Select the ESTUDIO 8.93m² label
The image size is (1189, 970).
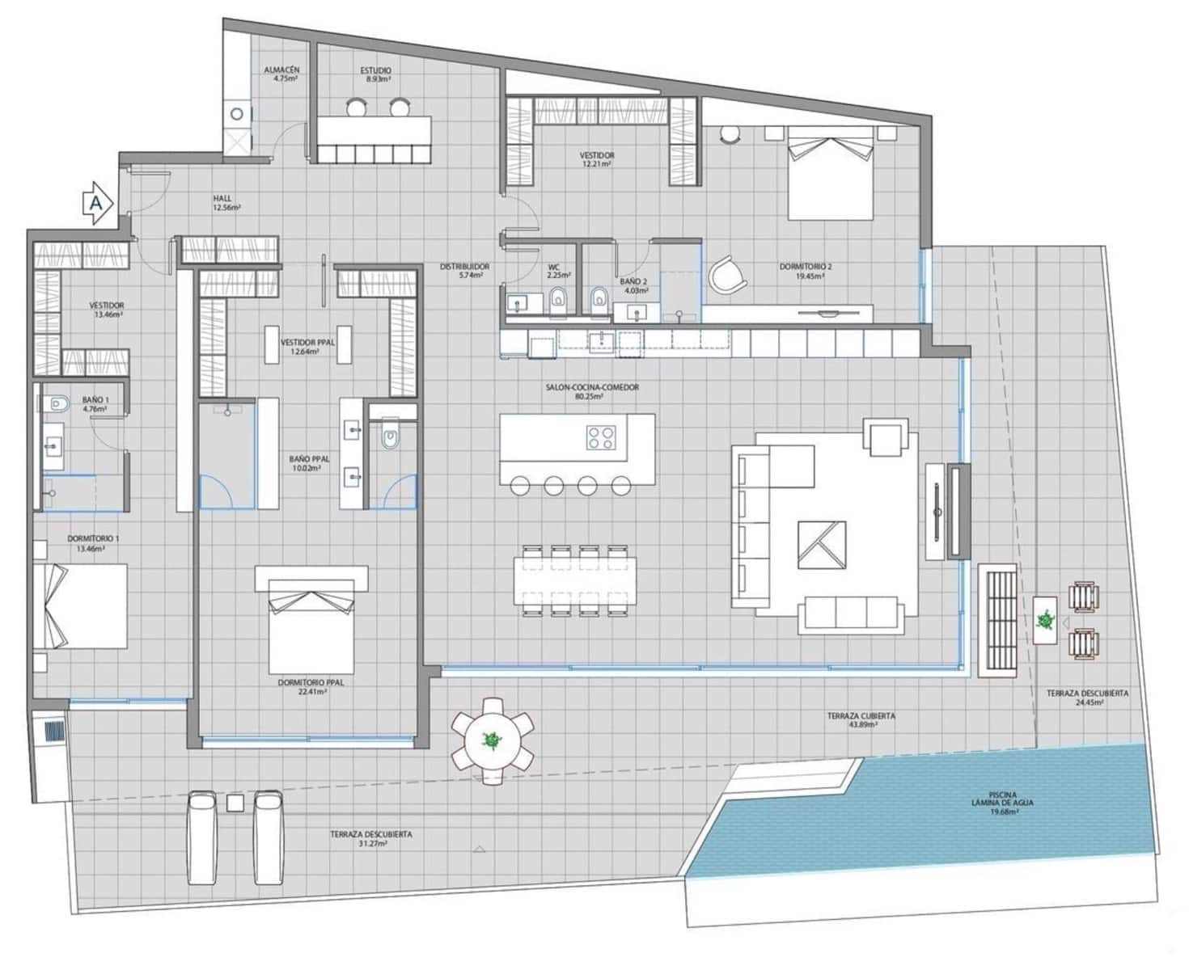[375, 75]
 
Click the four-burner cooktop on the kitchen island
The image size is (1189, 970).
[600, 436]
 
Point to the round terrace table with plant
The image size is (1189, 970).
[492, 740]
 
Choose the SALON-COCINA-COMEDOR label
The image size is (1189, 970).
[592, 392]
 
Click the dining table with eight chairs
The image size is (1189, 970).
[574, 581]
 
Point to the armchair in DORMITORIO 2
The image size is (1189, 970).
[727, 274]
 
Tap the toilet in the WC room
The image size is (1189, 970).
[558, 302]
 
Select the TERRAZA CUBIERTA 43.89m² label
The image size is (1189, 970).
[861, 720]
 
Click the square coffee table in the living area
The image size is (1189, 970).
[822, 545]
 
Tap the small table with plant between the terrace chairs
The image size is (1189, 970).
[1046, 621]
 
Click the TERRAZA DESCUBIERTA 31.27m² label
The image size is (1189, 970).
[371, 838]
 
